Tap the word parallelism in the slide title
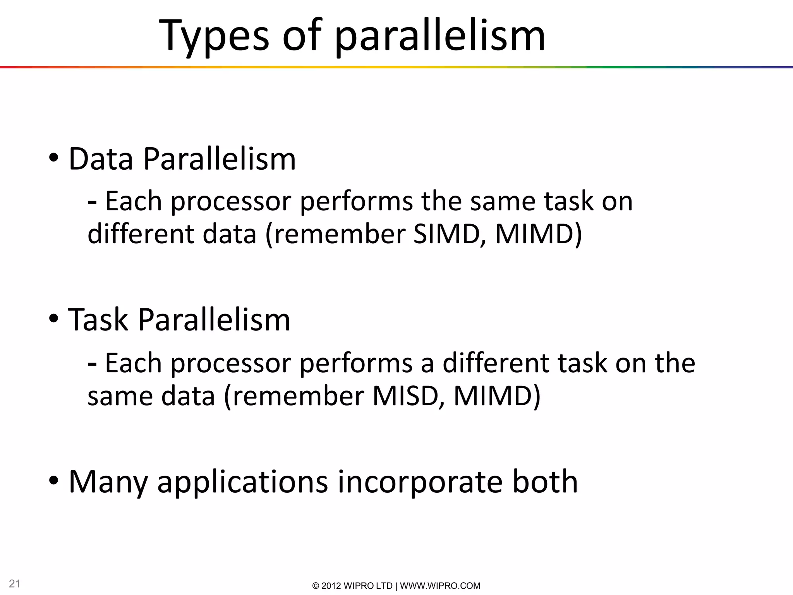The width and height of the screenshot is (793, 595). [440, 36]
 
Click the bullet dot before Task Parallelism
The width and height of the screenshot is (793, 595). [54, 318]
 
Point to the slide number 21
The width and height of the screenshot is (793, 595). [15, 583]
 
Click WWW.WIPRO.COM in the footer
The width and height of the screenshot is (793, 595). [440, 586]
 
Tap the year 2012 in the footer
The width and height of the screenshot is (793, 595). [331, 586]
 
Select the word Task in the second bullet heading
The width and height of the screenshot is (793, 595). [98, 320]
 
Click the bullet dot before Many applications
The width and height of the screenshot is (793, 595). [54, 481]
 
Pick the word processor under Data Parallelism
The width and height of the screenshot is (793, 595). [231, 201]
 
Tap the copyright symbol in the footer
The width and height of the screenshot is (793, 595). [316, 586]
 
